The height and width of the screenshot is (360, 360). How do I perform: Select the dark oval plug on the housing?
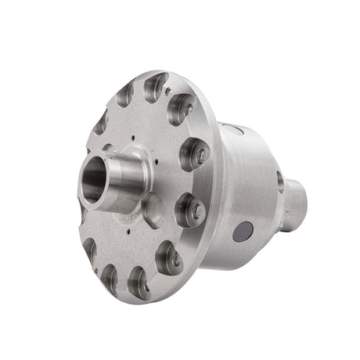243,231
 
